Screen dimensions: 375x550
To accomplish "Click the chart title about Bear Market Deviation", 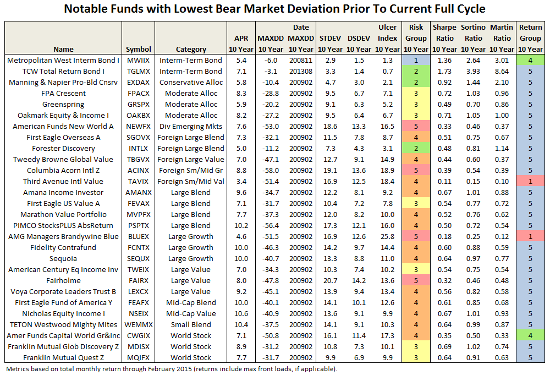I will (x=275, y=9).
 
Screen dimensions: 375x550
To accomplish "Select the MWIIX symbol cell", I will (x=138, y=60).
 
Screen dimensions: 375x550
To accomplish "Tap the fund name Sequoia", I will (x=63, y=258).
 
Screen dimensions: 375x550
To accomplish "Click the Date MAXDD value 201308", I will (x=301, y=71).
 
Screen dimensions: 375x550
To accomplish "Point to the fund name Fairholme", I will (x=63, y=280).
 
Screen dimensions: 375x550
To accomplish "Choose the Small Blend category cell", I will (x=191, y=324).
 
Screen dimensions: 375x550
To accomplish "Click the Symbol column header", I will (x=138, y=49).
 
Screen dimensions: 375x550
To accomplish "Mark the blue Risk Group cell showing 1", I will (x=416, y=60).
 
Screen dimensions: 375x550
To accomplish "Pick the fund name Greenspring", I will (x=63, y=104).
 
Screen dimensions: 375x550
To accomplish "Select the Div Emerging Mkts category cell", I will (x=191, y=126).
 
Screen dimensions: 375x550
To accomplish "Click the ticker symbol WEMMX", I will (x=138, y=324).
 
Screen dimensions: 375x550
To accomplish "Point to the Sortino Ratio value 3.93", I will (x=473, y=71).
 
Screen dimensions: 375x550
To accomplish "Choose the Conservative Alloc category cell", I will (x=191, y=82).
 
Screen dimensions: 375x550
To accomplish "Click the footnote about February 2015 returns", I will (x=170, y=369).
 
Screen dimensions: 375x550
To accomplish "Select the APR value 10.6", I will (x=241, y=313).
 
